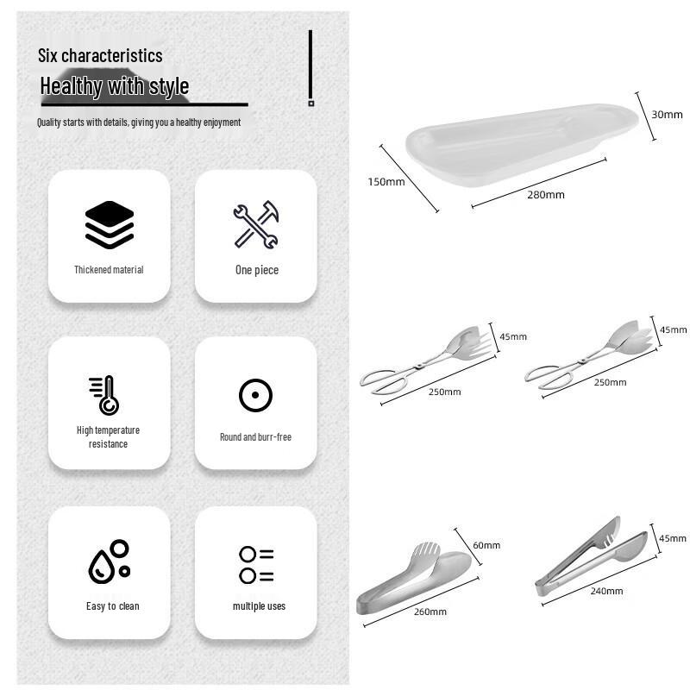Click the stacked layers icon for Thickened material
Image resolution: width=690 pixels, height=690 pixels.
[110, 224]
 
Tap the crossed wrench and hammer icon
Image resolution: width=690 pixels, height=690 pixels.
[256, 224]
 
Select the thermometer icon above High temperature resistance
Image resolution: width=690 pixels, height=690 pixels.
[104, 395]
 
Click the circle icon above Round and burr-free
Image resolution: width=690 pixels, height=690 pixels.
[255, 395]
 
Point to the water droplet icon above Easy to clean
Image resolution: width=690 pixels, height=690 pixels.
[110, 561]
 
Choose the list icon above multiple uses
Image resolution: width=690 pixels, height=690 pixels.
[256, 565]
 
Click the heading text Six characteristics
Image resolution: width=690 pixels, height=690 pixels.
[100, 56]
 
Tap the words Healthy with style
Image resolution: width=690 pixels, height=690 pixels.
[115, 86]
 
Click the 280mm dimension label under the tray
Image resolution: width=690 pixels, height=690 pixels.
[546, 195]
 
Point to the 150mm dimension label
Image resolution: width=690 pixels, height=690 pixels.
[386, 182]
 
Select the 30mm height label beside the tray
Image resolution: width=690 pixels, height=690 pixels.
[667, 115]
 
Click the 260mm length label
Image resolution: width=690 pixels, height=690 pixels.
[431, 612]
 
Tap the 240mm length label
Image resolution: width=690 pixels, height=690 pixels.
[607, 591]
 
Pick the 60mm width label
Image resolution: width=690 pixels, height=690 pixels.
[486, 545]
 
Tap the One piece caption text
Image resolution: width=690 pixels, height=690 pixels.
[256, 270]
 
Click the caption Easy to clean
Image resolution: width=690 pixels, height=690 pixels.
[112, 606]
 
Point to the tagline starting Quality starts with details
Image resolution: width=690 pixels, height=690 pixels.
[139, 122]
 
